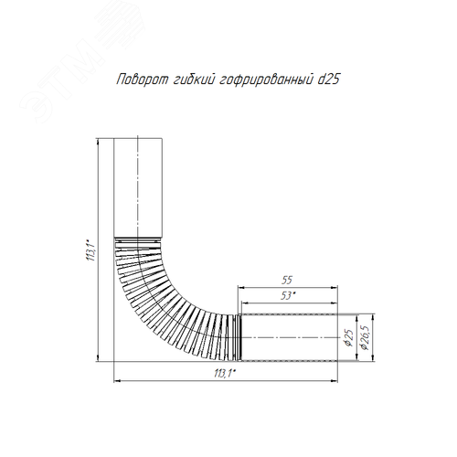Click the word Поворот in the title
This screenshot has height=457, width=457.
coord(143,80)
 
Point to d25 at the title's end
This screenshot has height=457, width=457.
coord(329,80)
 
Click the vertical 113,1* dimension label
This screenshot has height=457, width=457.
coord(92,250)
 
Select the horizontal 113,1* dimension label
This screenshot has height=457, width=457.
coord(225,373)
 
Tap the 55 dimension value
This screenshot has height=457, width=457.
coord(287,280)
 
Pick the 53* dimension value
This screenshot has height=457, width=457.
coord(286,296)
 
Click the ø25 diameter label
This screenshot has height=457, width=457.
coord(349,337)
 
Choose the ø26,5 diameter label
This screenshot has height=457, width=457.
coord(365,337)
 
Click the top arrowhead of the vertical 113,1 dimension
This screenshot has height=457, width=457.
coord(98,142)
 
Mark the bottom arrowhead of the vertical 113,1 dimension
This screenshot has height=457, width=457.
coord(98,358)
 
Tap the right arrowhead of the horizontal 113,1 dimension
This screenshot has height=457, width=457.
coord(335,380)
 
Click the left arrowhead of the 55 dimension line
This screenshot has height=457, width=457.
coord(241,287)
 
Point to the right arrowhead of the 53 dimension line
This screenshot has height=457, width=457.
coord(335,303)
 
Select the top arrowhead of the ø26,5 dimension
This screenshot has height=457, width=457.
coord(374,317)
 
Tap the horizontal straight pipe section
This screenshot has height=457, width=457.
coord(289,337)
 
